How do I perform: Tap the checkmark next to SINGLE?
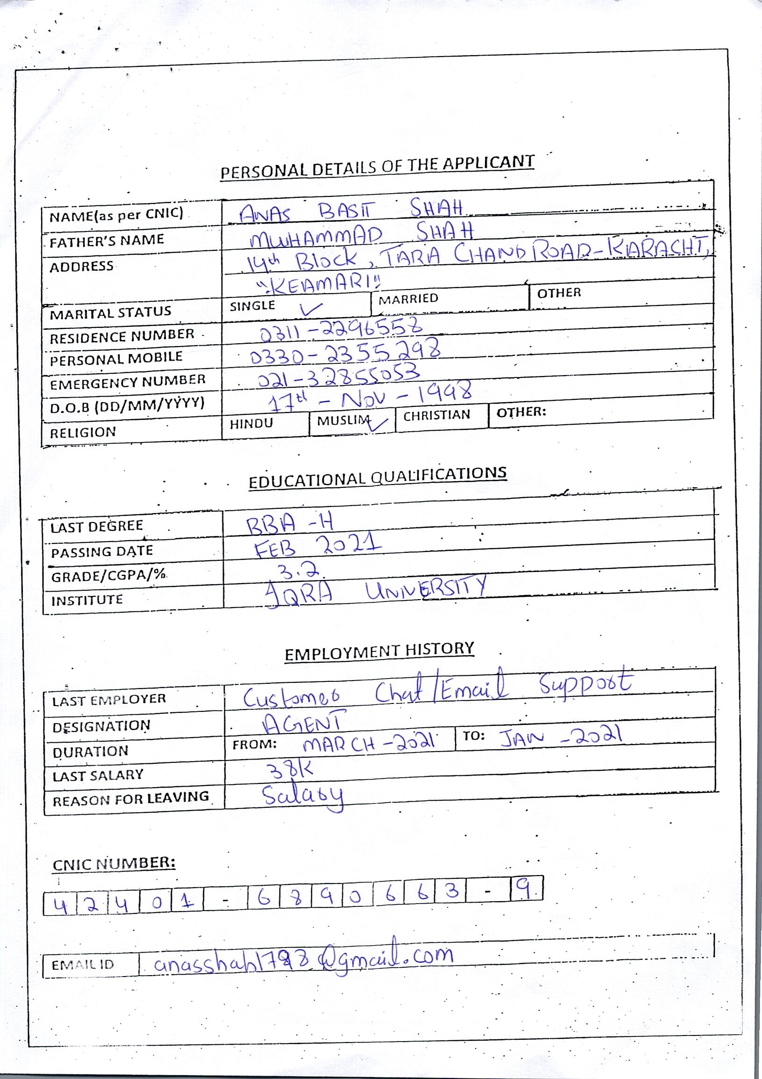(311, 308)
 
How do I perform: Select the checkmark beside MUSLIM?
(378, 424)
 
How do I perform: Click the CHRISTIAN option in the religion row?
(436, 415)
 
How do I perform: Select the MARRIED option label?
(408, 299)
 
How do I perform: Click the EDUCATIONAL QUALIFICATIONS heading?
(377, 478)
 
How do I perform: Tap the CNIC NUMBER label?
(114, 863)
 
